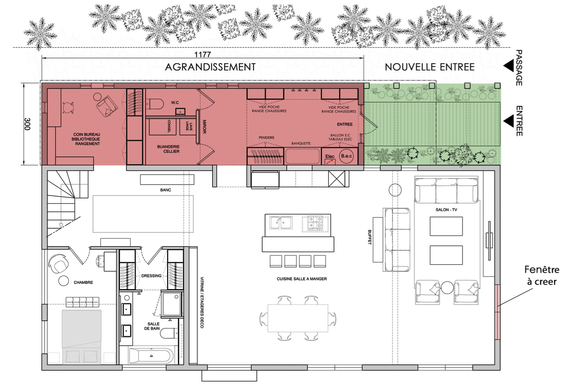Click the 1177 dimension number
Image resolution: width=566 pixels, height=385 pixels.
click(202, 55)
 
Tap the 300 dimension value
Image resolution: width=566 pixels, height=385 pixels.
click(27, 124)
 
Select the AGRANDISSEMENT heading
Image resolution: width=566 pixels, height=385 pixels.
click(210, 67)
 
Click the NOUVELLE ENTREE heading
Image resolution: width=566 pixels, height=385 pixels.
click(429, 67)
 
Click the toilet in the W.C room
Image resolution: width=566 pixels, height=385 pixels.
click(156, 104)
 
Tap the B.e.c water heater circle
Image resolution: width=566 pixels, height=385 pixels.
click(346, 156)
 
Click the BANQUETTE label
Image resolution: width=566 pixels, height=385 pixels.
click(301, 143)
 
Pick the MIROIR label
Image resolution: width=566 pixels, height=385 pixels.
click(204, 127)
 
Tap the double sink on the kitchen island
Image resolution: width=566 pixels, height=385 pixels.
click(281, 223)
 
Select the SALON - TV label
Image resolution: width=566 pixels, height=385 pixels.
click(446, 210)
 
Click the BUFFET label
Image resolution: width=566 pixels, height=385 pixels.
click(369, 237)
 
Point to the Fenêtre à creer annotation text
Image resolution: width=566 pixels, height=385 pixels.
click(542, 276)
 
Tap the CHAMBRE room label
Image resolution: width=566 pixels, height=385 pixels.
click(84, 282)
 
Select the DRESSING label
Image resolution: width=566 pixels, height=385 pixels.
click(151, 276)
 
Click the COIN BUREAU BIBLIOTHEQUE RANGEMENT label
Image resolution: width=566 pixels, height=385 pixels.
click(86, 139)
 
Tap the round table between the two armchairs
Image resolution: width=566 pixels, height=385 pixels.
click(447, 288)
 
